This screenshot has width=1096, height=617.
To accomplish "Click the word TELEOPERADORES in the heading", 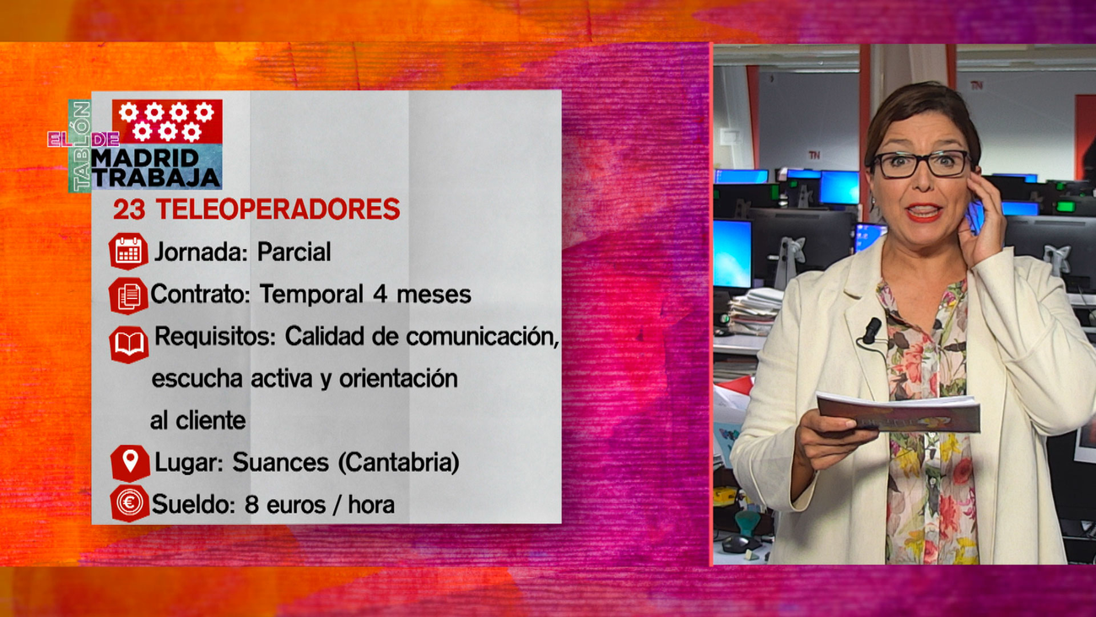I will [278, 209].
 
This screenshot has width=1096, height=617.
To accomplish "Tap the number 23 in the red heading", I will [129, 209].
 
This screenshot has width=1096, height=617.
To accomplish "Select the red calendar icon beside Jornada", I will [128, 252].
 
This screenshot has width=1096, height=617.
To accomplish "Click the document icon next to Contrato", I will [128, 295].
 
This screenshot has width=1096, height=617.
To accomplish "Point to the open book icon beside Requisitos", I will [128, 344].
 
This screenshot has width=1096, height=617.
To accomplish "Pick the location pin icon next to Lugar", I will [130, 462].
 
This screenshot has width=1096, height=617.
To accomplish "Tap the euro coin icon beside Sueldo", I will [129, 504].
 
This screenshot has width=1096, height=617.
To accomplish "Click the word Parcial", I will [294, 252].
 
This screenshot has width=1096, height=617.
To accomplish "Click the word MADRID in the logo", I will [145, 158].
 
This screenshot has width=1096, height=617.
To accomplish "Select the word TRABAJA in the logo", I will [156, 177].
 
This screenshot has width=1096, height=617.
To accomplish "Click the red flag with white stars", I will [167, 122].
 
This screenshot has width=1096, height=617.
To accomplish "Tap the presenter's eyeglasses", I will [921, 164].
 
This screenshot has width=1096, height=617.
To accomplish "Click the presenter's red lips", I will [924, 211].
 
